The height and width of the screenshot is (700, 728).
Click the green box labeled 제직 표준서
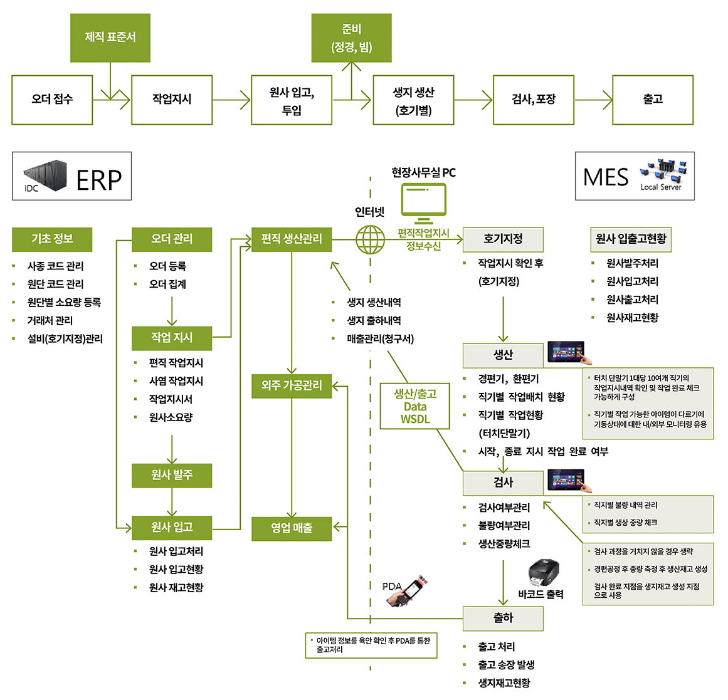(x=110, y=38)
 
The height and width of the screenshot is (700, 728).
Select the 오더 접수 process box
(x=52, y=100)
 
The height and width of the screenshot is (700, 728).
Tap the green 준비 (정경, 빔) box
(x=351, y=38)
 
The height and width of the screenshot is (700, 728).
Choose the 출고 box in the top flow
(x=652, y=100)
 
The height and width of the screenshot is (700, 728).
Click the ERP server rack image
(x=45, y=176)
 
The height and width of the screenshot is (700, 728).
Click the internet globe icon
(x=370, y=239)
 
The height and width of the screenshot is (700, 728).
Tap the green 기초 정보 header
(x=52, y=239)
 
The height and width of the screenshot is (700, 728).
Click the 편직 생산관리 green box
(x=292, y=239)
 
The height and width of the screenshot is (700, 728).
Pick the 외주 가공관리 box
(x=292, y=385)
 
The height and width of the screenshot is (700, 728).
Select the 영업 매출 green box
(x=292, y=528)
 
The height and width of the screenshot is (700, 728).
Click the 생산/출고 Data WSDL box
(x=415, y=406)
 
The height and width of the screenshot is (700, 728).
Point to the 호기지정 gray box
(x=503, y=239)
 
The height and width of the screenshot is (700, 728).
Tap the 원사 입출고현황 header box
(x=631, y=239)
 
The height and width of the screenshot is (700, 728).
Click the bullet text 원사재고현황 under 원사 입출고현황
(x=632, y=318)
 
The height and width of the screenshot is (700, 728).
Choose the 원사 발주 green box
(x=172, y=476)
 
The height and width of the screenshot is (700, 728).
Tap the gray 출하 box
(x=503, y=619)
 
